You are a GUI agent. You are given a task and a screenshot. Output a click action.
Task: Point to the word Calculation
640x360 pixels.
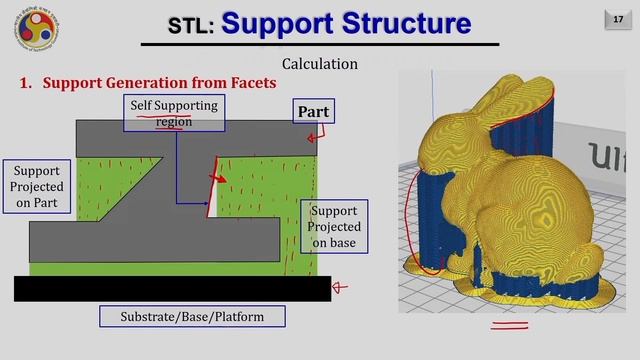(319, 64)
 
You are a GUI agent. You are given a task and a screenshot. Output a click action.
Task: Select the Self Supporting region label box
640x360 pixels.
(173, 112)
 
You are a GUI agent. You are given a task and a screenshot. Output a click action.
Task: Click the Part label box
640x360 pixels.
(313, 111)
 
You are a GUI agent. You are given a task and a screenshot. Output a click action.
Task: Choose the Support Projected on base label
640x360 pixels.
(334, 227)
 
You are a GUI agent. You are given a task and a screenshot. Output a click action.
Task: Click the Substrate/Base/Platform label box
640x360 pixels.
(192, 317)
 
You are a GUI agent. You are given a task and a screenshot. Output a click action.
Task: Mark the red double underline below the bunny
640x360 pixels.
(508, 324)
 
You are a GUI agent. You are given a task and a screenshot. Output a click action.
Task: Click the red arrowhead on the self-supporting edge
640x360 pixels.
(218, 180)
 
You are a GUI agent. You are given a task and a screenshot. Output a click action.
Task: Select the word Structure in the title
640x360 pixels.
(403, 23)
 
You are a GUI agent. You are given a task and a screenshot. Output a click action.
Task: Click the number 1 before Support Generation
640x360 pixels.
(26, 83)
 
